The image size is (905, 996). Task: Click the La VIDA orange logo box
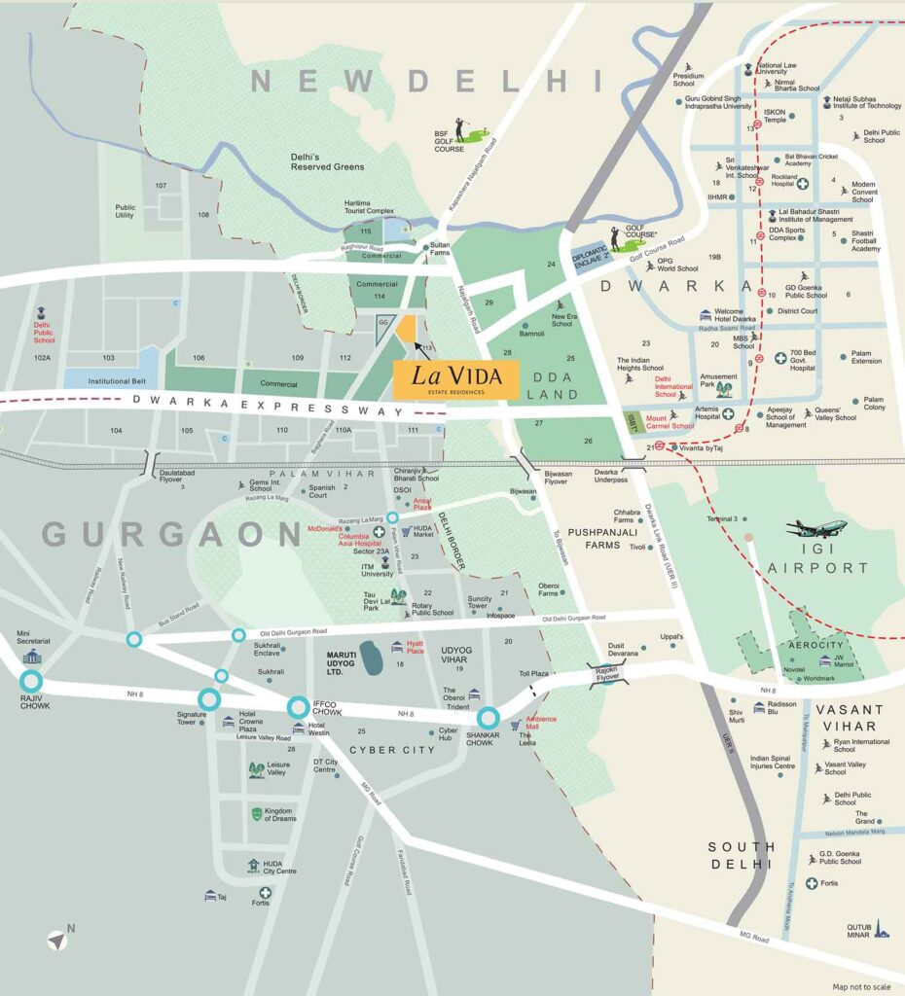point(454,378)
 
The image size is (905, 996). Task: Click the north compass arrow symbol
point(59,940)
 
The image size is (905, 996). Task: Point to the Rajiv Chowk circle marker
point(31,681)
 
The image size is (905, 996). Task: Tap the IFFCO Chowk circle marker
point(300,706)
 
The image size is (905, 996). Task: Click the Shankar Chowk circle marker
point(489,718)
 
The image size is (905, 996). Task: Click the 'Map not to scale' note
point(861,986)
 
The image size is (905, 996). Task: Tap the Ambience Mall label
point(540,723)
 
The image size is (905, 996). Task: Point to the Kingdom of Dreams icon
point(257,812)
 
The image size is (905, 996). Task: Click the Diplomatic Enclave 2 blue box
point(595,256)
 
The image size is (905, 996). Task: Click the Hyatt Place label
point(415,647)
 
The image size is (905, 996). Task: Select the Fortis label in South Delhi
point(828,883)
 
